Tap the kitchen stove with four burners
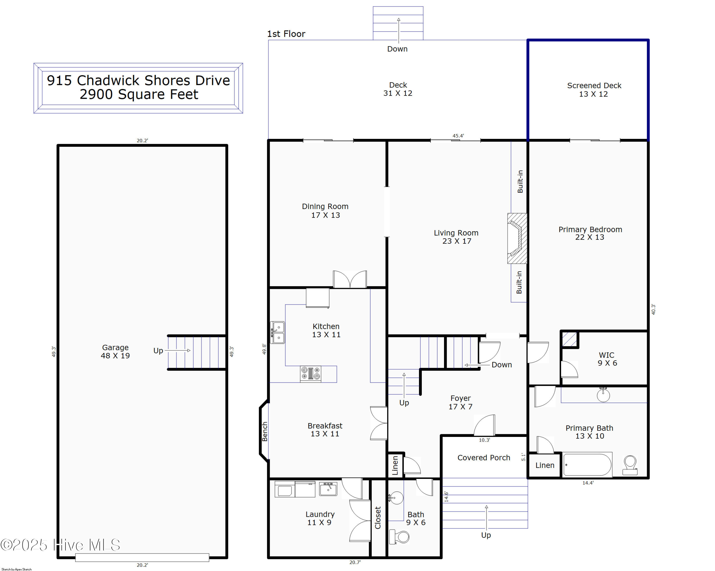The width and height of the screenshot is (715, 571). (x=310, y=374)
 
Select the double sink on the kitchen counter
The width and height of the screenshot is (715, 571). (x=278, y=332)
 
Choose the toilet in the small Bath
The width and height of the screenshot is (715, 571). (x=399, y=537)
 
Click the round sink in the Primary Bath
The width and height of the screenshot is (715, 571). (x=603, y=394)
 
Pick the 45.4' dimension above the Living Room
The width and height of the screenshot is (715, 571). (x=458, y=136)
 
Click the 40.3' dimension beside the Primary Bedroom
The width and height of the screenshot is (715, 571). (x=653, y=309)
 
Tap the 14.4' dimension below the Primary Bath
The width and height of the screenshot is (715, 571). (x=588, y=483)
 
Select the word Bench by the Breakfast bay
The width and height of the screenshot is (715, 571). (x=265, y=432)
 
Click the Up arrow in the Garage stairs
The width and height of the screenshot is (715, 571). (x=178, y=351)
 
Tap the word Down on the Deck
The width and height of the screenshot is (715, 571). (x=397, y=49)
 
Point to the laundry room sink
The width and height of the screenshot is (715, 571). (x=328, y=489)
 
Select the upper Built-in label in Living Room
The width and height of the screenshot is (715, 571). (x=520, y=182)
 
